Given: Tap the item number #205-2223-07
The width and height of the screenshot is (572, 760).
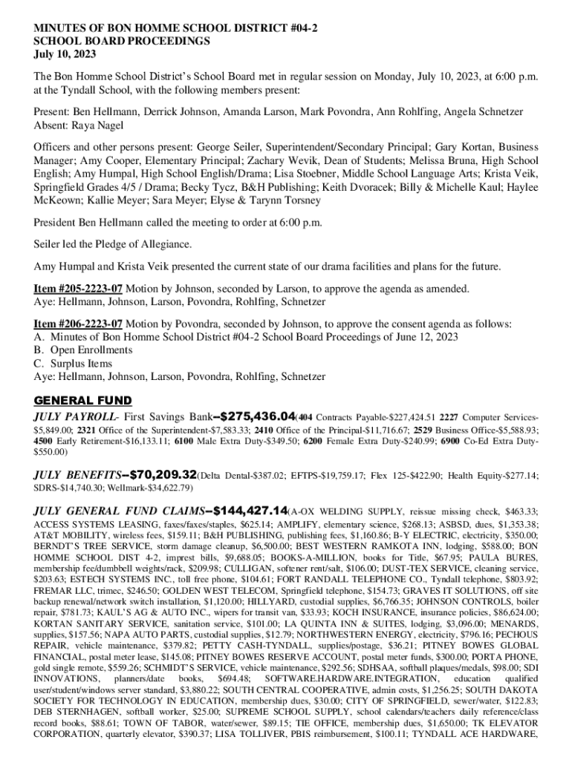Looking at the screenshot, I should [x=78, y=289].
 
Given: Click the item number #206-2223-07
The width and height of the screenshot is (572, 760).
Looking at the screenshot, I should [x=78, y=324].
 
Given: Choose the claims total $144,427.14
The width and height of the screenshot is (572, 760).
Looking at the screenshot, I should [x=239, y=511].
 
